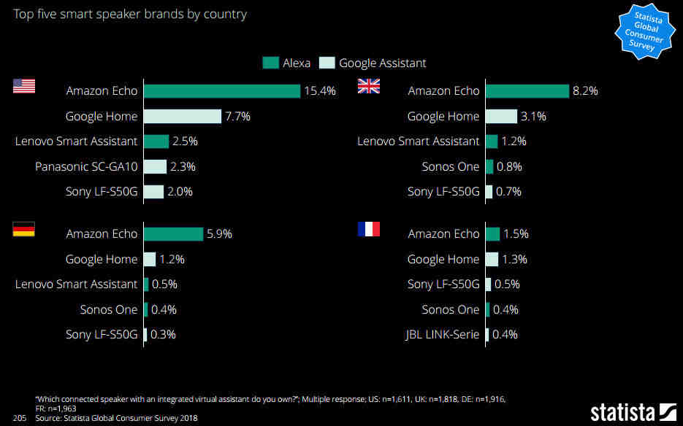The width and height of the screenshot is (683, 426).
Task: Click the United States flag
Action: (x=24, y=86)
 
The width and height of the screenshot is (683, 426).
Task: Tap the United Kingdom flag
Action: (x=368, y=86)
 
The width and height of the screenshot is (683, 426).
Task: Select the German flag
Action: (x=24, y=230)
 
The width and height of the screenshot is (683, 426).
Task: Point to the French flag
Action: (x=368, y=229)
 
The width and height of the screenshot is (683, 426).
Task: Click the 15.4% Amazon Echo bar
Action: (x=222, y=91)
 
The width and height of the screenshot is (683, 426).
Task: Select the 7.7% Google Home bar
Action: (x=183, y=117)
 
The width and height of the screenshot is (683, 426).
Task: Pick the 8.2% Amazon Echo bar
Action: (x=527, y=91)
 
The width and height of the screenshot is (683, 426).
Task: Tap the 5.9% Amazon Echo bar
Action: (x=173, y=234)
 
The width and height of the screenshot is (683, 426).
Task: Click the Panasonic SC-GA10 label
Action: (x=86, y=166)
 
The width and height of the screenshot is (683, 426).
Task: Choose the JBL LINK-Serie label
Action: (x=443, y=335)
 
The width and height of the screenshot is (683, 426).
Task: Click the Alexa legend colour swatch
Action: (x=270, y=63)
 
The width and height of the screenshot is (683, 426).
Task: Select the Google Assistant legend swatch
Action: (x=327, y=63)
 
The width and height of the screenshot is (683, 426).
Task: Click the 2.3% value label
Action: (x=183, y=166)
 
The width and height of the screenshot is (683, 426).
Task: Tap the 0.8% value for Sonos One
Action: (x=509, y=166)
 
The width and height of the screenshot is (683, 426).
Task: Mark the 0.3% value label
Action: (x=164, y=335)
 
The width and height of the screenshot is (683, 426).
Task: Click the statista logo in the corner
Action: (x=633, y=412)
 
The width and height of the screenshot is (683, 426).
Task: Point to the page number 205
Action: (x=20, y=418)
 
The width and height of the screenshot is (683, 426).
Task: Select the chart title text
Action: (x=131, y=14)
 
